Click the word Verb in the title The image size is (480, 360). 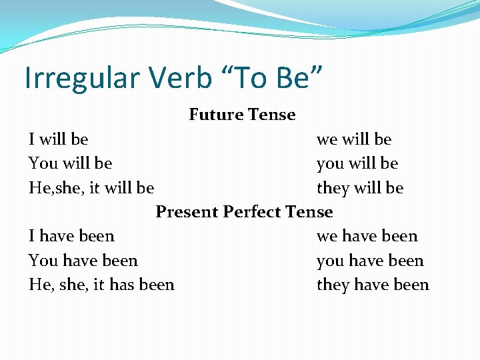pyautogui.click(x=182, y=77)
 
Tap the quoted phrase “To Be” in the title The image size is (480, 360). pyautogui.click(x=277, y=77)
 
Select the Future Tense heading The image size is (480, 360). pyautogui.click(x=242, y=115)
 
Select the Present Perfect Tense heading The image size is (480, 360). pyautogui.click(x=244, y=212)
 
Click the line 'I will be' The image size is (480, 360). pyautogui.click(x=59, y=139)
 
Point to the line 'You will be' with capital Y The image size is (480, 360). pyautogui.click(x=70, y=163)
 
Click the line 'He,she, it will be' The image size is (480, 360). pyautogui.click(x=91, y=188)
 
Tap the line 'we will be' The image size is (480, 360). pyautogui.click(x=354, y=139)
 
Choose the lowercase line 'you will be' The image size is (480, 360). pyautogui.click(x=357, y=163)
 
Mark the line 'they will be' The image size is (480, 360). pyautogui.click(x=360, y=188)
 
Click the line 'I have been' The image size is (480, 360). pyautogui.click(x=71, y=236)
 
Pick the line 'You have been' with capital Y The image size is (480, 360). pyautogui.click(x=83, y=261)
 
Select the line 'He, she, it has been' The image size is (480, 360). pyautogui.click(x=101, y=285)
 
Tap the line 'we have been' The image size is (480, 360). pyautogui.click(x=367, y=236)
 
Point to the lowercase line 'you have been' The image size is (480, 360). pyautogui.click(x=370, y=261)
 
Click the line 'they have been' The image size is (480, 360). pyautogui.click(x=373, y=285)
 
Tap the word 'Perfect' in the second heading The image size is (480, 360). pyautogui.click(x=253, y=212)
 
